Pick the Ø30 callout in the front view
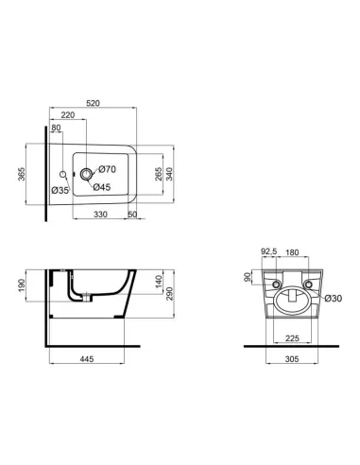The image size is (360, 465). (332, 299)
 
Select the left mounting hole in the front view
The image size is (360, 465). (276, 284)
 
